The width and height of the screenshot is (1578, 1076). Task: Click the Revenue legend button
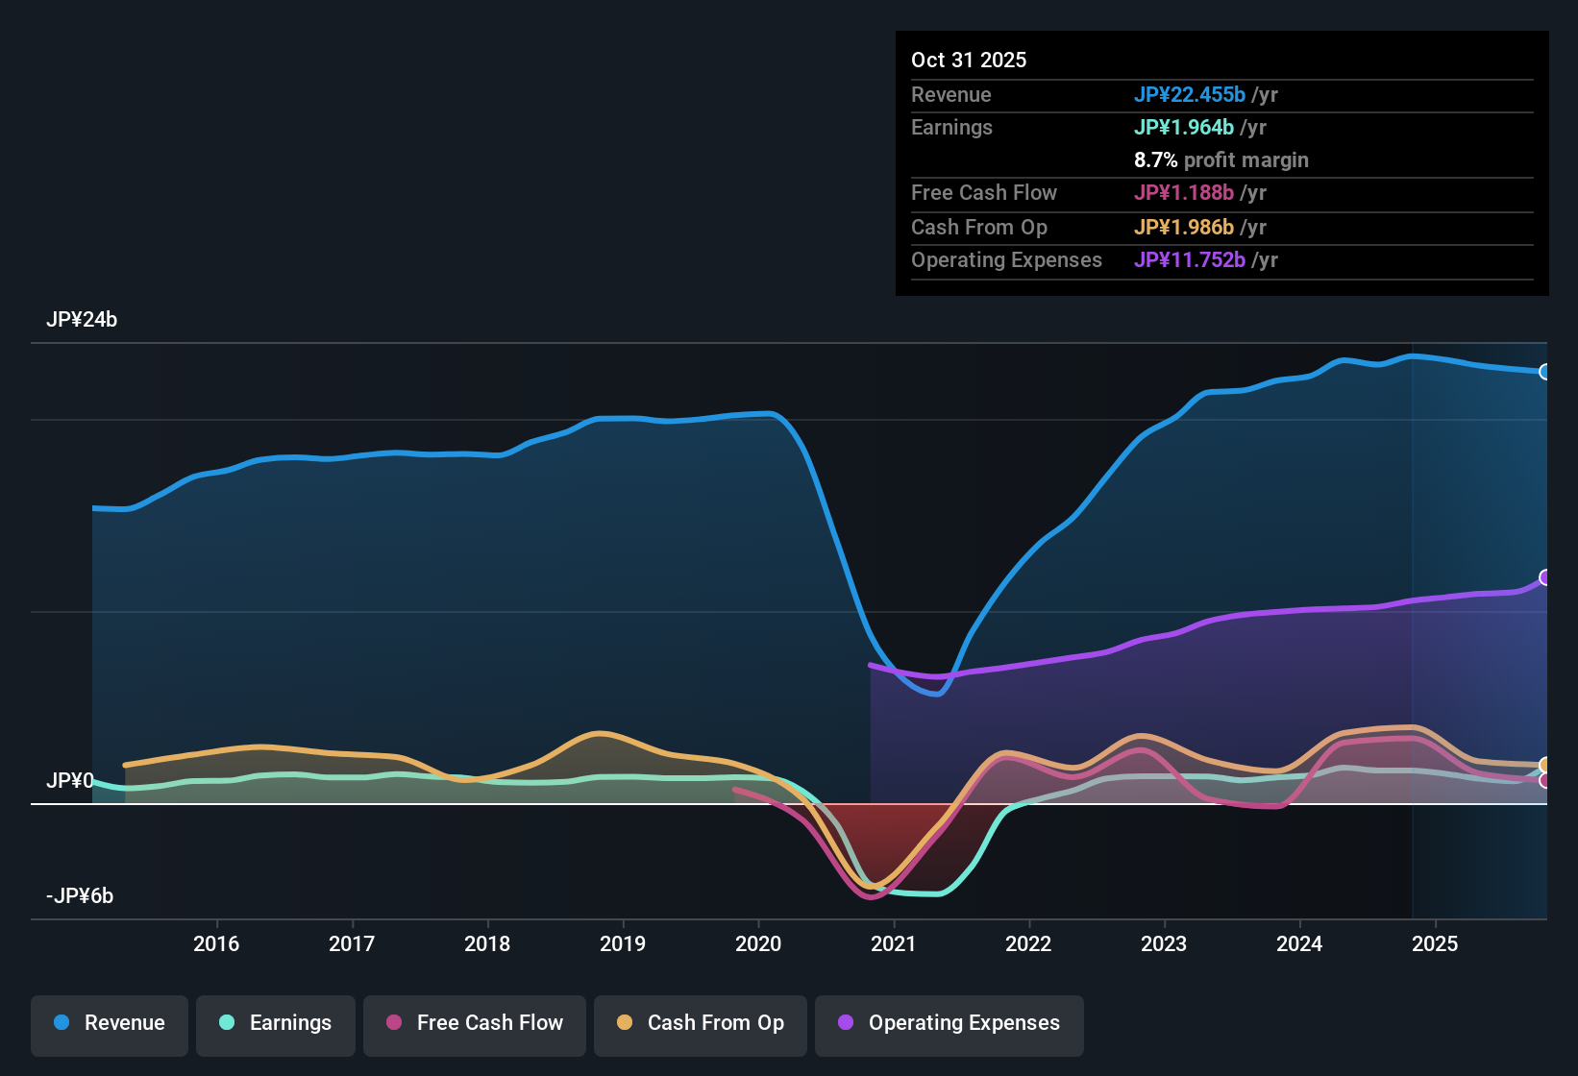pyautogui.click(x=110, y=1023)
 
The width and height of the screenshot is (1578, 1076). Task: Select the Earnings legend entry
pyautogui.click(x=276, y=1023)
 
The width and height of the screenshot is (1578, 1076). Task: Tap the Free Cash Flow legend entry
pyautogui.click(x=475, y=1023)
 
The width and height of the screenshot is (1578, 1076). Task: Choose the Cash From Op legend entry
pyautogui.click(x=701, y=1023)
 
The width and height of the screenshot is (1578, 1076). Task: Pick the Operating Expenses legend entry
pyautogui.click(x=949, y=1023)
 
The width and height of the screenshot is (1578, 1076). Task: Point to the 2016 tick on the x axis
pyautogui.click(x=216, y=943)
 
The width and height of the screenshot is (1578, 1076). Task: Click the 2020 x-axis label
pyautogui.click(x=758, y=943)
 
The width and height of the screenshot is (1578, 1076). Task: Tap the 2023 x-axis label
pyautogui.click(x=1164, y=943)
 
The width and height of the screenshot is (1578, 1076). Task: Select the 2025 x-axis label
pyautogui.click(x=1435, y=943)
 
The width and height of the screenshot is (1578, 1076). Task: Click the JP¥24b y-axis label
pyautogui.click(x=82, y=320)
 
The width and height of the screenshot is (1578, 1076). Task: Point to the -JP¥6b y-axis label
pyautogui.click(x=80, y=896)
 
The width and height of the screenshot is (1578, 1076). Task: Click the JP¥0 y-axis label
pyautogui.click(x=69, y=781)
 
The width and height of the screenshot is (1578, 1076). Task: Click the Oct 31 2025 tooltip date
pyautogui.click(x=969, y=60)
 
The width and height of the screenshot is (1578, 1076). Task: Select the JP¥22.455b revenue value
pyautogui.click(x=1190, y=94)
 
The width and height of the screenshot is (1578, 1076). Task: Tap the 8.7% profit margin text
pyautogui.click(x=1220, y=160)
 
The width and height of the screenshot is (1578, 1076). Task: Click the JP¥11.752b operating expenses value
pyautogui.click(x=1190, y=260)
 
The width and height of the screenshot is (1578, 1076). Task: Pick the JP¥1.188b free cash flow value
pyautogui.click(x=1184, y=193)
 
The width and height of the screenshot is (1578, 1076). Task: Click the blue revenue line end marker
pyautogui.click(x=1544, y=372)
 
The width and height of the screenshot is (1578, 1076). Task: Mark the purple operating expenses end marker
pyautogui.click(x=1544, y=577)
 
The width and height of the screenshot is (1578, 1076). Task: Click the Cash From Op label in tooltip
pyautogui.click(x=979, y=228)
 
